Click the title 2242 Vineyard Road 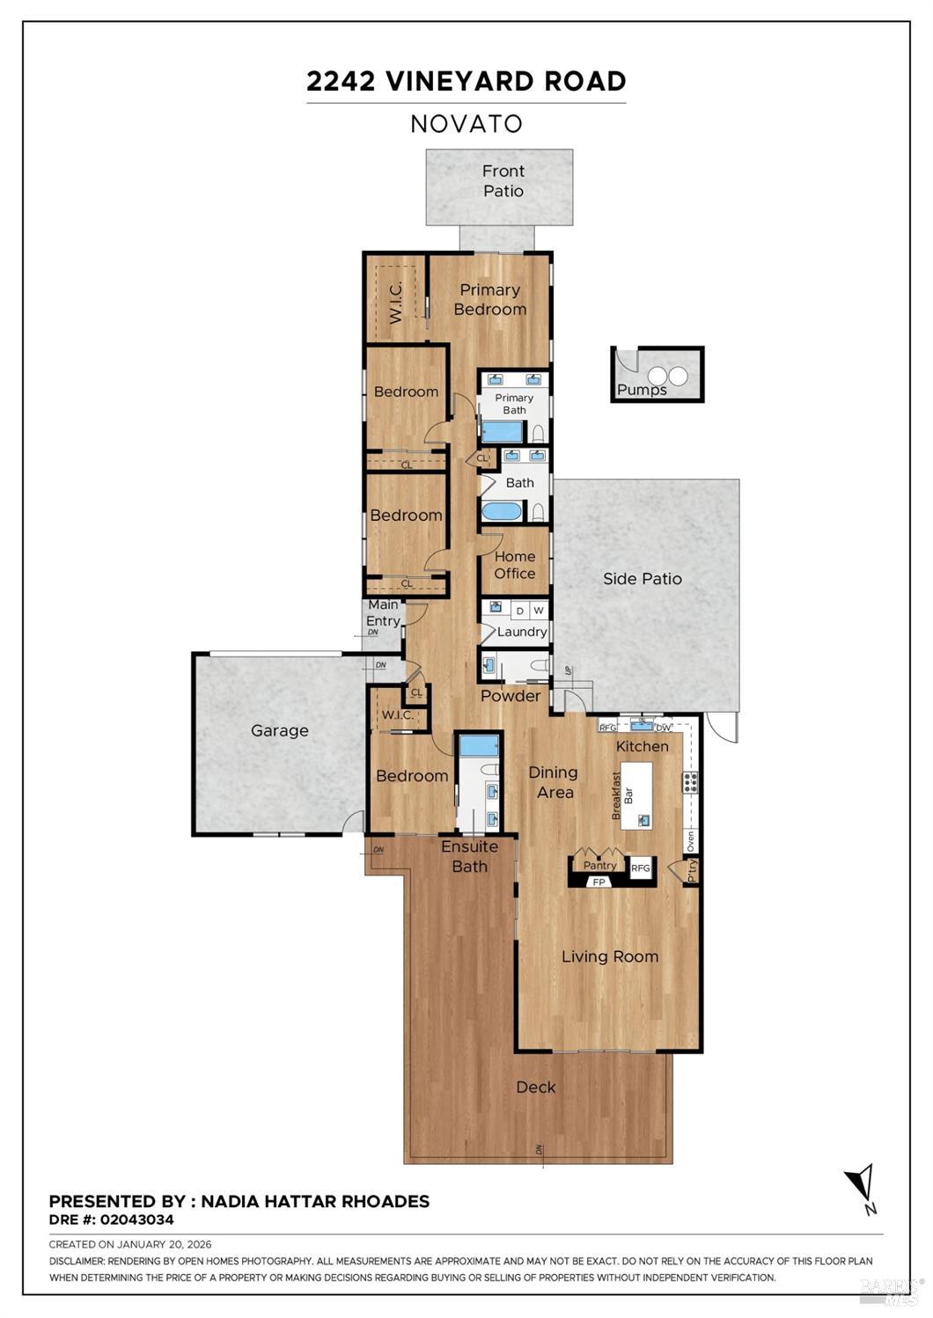click(x=466, y=81)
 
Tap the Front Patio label click(x=503, y=181)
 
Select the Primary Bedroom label click(x=489, y=299)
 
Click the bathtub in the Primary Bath click(x=502, y=431)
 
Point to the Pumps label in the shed click(x=642, y=390)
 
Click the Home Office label click(x=514, y=565)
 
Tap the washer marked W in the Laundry click(x=539, y=610)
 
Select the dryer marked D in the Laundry click(x=519, y=610)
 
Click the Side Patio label click(x=642, y=578)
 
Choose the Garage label click(x=279, y=730)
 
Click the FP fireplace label click(x=599, y=882)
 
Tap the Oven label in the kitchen click(x=690, y=840)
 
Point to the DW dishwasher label click(x=663, y=727)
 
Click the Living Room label click(x=609, y=956)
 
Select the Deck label click(x=535, y=1087)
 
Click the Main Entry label click(x=383, y=612)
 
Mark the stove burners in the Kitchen click(x=690, y=781)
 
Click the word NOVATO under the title click(x=466, y=124)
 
